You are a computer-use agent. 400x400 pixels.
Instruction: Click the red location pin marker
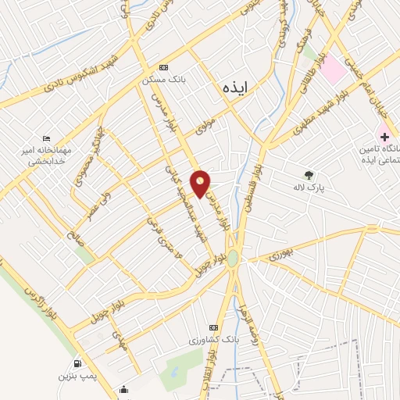pos(201,182)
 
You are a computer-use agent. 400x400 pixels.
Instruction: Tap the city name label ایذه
pos(234,87)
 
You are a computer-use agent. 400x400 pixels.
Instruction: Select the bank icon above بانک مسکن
pos(163,68)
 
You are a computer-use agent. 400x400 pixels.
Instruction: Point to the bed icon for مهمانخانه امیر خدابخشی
pos(46,138)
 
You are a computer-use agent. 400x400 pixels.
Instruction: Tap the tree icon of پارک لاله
pos(311,175)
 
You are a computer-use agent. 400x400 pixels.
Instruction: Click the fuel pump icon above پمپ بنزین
pos(76,362)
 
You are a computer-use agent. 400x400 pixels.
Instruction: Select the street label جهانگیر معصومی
pos(87,162)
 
